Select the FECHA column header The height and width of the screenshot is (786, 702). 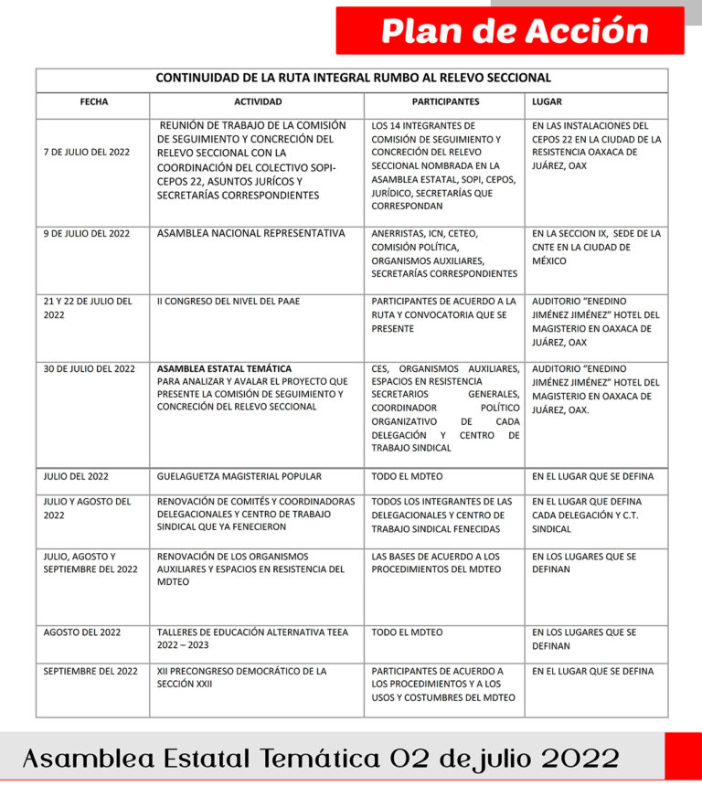tap(93, 102)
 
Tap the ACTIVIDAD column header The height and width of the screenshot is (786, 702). tap(258, 102)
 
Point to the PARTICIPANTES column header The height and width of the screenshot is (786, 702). tap(445, 102)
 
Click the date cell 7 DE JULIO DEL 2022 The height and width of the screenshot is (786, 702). tap(87, 153)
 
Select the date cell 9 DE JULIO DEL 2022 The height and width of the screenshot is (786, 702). tap(87, 234)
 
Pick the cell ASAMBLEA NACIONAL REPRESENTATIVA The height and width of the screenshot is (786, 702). tap(250, 234)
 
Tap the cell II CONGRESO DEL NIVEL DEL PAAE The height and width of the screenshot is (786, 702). tap(228, 302)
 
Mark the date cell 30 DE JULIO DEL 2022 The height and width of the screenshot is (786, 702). tap(90, 369)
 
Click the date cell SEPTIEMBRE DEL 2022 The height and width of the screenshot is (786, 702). tap(90, 672)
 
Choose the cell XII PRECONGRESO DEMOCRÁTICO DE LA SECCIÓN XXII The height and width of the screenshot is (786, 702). tap(241, 677)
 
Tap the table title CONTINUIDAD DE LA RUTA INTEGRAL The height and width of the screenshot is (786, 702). tap(353, 79)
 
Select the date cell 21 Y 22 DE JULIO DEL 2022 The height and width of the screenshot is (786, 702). tap(88, 308)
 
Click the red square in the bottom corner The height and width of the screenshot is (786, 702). tap(683, 756)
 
